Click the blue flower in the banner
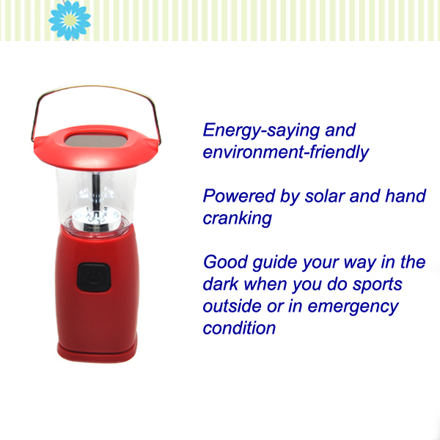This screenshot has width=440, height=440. click(70, 20)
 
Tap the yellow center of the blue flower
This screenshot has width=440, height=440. click(70, 20)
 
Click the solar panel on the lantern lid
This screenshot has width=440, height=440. click(96, 140)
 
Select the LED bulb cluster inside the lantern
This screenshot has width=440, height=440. click(96, 219)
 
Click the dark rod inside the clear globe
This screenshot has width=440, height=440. click(96, 190)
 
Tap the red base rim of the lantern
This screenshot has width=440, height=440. click(97, 352)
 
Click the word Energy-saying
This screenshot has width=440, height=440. click(262, 131)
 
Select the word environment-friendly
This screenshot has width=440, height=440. click(286, 153)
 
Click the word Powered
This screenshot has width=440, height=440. click(239, 196)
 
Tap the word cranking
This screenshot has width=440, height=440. click(238, 219)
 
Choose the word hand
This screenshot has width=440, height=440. click(406, 196)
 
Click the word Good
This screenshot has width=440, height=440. click(225, 262)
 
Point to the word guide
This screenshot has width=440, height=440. click(275, 263)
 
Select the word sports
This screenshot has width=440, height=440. click(378, 285)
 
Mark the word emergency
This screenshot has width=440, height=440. click(353, 307)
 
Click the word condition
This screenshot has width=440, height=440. click(239, 328)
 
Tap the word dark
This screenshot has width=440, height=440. click(221, 284)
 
